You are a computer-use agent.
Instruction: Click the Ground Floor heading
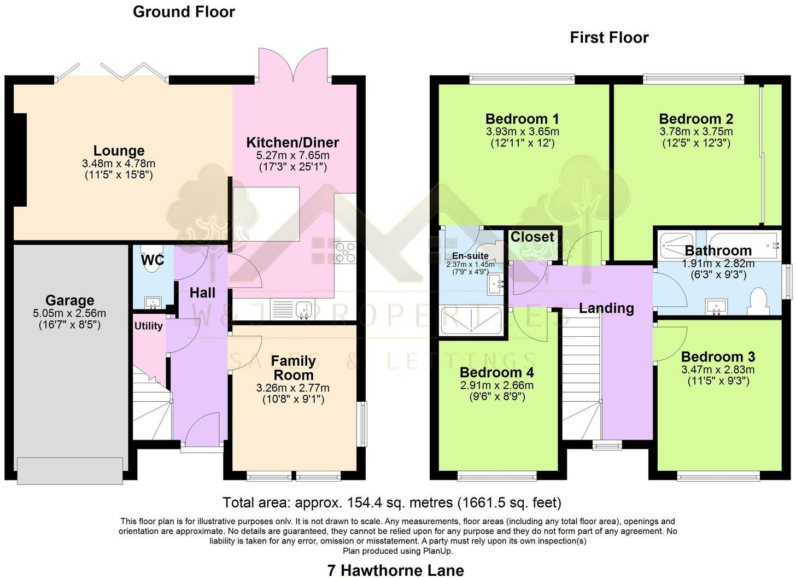tap(184, 12)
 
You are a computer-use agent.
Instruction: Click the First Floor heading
tap(609, 38)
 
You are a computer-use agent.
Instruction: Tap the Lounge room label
tap(119, 151)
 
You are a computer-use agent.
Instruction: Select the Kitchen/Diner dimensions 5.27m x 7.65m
tap(293, 156)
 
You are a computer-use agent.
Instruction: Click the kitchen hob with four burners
tap(346, 253)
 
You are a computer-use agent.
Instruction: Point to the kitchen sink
tap(303, 309)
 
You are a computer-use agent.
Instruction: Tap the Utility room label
tap(149, 326)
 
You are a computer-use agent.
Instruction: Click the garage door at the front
tap(69, 470)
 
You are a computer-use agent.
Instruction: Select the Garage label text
tap(69, 300)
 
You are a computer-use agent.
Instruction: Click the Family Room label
tap(293, 368)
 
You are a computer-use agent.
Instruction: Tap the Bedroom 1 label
tap(522, 119)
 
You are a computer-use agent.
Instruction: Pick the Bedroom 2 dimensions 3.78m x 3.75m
tap(696, 132)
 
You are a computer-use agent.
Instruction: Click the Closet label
tap(532, 237)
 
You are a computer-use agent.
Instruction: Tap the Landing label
tap(606, 308)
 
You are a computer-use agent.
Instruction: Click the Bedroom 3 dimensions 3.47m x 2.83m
tap(718, 370)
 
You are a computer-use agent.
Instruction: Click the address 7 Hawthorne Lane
tap(395, 570)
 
